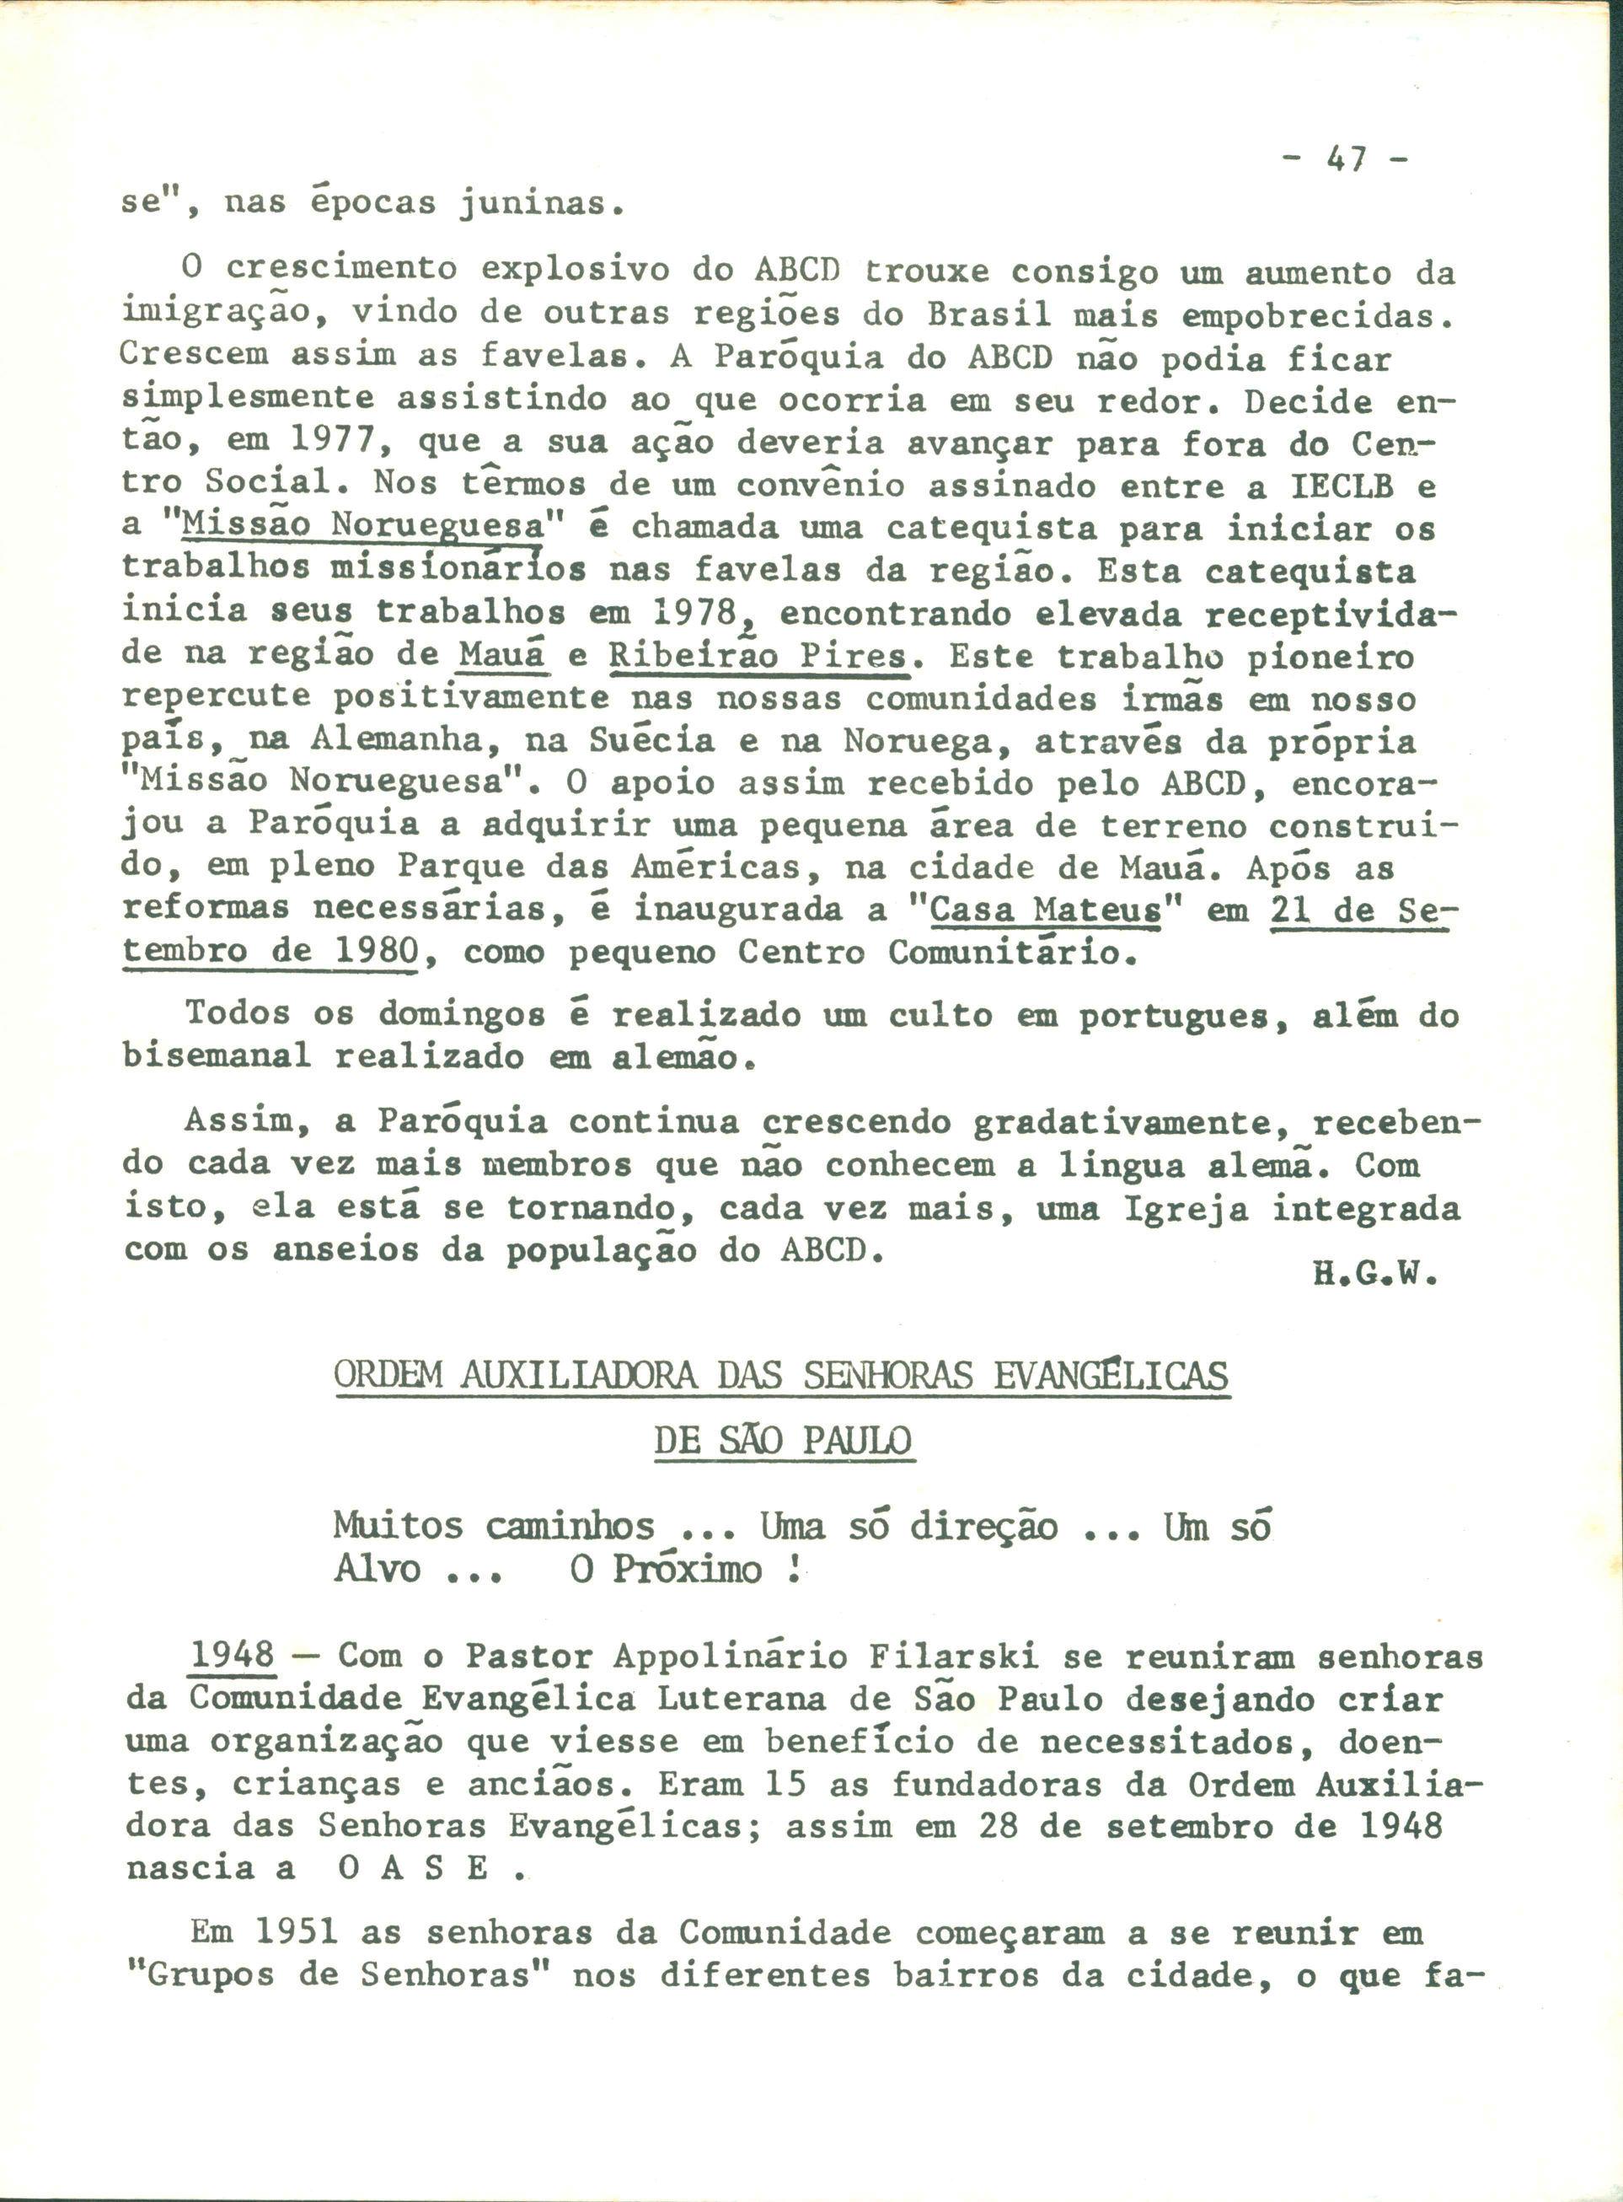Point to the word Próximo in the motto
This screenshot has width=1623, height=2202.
(x=688, y=1569)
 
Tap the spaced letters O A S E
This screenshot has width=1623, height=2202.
(x=414, y=1869)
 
